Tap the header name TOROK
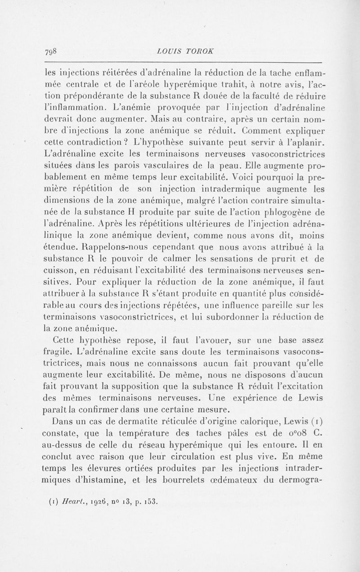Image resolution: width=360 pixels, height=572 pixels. pyautogui.click(x=200, y=50)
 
